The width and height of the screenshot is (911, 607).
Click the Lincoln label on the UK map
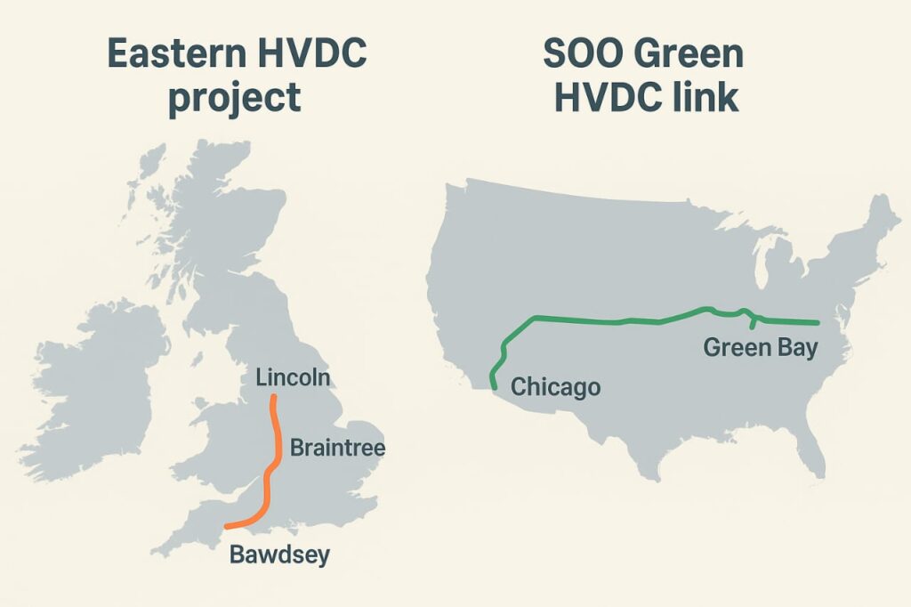(293, 377)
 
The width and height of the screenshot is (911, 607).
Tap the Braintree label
(337, 446)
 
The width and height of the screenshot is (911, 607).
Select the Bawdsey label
(279, 555)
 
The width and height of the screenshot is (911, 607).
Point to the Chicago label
(555, 387)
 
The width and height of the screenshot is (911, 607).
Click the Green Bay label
(760, 347)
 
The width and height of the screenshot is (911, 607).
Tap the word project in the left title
(234, 96)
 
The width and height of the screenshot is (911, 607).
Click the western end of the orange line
(228, 526)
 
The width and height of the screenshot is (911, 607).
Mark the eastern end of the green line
(816, 323)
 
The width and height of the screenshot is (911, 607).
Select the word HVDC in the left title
(304, 54)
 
